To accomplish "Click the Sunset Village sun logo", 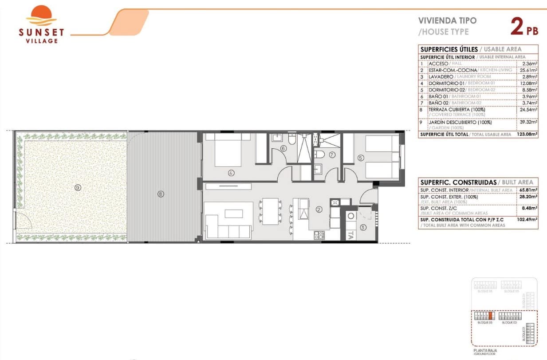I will [41, 16].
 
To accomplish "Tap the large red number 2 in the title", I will [516, 27].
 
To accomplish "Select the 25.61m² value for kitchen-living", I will [528, 70].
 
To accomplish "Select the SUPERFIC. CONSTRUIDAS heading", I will [458, 182].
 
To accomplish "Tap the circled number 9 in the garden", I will [78, 188].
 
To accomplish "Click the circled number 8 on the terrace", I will [161, 194].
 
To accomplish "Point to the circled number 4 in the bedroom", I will [231, 173].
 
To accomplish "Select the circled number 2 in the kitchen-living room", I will [319, 209].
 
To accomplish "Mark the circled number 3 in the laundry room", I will [363, 228].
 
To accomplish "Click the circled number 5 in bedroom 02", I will [361, 157].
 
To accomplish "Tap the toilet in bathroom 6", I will [291, 141].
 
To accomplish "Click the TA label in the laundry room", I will [350, 235].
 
